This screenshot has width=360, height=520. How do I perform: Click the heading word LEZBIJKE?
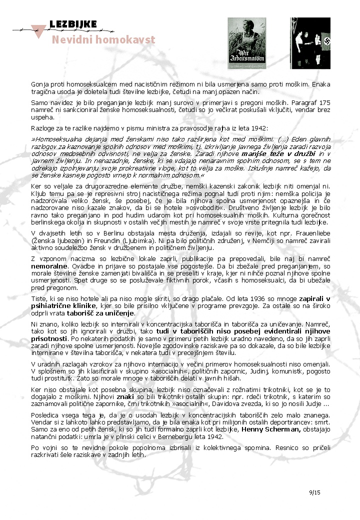(x=73, y=25)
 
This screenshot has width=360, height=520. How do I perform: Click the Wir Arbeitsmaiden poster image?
(x=246, y=43)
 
